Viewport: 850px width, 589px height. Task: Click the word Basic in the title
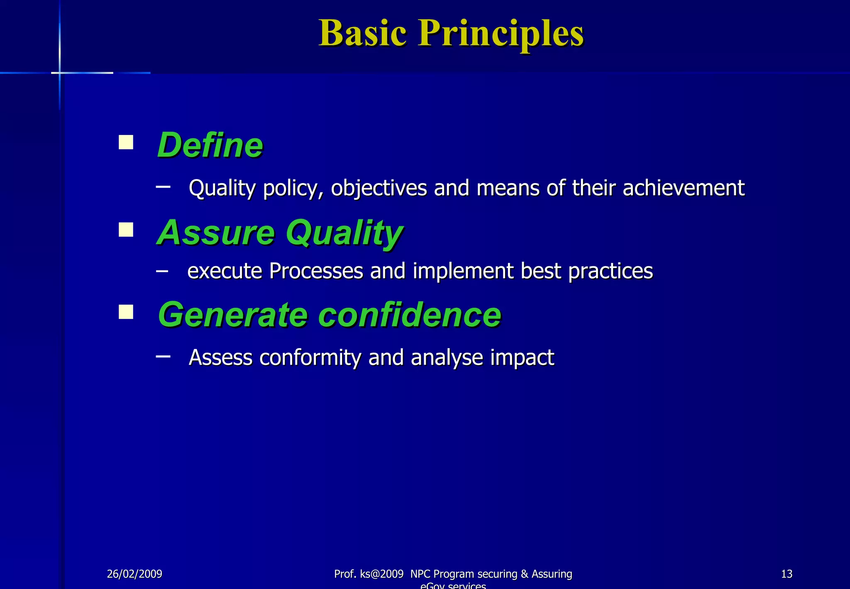coord(362,33)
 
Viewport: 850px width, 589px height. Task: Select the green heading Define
coord(210,145)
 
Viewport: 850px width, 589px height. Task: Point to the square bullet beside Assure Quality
coord(126,230)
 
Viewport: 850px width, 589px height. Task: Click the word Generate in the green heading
coord(233,315)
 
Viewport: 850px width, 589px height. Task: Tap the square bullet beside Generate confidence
coord(126,312)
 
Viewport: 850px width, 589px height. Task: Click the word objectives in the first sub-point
coord(379,188)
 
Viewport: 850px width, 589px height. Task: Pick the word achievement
coord(683,188)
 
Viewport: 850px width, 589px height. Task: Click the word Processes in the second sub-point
coord(316,271)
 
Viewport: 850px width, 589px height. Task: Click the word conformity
coord(310,358)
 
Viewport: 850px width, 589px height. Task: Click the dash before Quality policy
coord(163,187)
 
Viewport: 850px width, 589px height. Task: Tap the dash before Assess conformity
coord(163,356)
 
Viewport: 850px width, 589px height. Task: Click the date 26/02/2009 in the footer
coord(134,574)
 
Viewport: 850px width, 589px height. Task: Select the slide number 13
coord(786,574)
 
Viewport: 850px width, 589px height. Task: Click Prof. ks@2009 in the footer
coord(369,574)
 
